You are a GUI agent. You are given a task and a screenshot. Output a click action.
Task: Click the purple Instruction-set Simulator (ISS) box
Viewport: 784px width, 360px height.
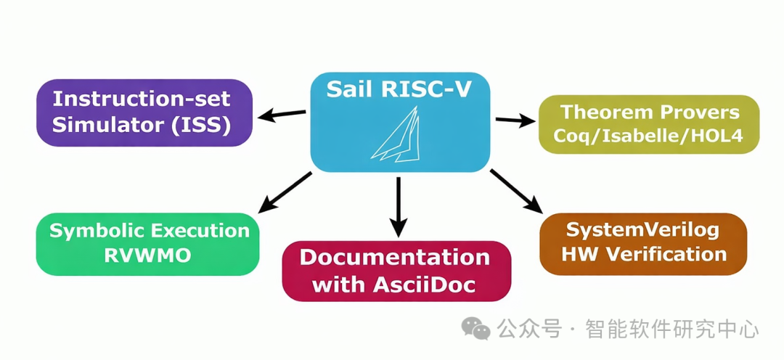pos(144,112)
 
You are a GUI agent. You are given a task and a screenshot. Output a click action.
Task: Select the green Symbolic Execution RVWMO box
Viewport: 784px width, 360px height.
pos(147,243)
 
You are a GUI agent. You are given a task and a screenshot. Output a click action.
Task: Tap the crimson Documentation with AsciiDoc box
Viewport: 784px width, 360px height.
pos(396,270)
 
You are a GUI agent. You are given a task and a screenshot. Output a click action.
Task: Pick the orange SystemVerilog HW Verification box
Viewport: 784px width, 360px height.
pos(643,243)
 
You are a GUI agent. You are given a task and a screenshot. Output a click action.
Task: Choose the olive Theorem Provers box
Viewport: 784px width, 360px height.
pos(648,124)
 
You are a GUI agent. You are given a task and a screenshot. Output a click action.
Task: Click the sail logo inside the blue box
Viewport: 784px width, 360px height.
pos(397,134)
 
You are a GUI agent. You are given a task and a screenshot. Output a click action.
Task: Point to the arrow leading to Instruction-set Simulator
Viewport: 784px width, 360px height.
pos(283,114)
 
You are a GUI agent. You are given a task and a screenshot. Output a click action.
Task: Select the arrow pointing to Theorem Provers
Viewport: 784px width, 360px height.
pos(514,120)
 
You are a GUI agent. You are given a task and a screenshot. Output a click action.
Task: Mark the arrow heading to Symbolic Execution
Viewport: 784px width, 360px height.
pos(285,192)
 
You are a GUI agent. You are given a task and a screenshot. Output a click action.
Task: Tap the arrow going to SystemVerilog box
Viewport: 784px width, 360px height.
pos(516,191)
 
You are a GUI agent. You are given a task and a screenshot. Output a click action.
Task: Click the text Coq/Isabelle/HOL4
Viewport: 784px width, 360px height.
pos(648,136)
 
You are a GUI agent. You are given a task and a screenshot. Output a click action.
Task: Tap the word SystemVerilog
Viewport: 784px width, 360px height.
pos(642,230)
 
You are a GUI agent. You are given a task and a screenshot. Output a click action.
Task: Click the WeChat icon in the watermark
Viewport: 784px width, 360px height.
pos(476,330)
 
